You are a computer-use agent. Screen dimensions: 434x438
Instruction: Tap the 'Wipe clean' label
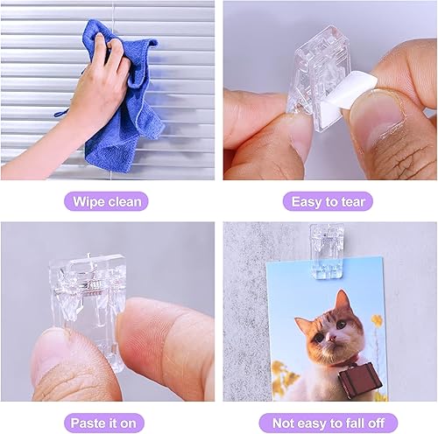tap(108, 201)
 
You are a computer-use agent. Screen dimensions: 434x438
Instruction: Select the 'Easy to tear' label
tap(328, 201)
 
